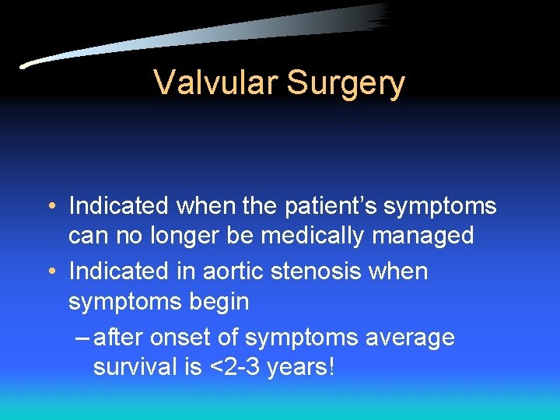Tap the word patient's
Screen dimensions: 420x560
[327, 206]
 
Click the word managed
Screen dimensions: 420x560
[423, 236]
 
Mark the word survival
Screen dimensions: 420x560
[136, 366]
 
